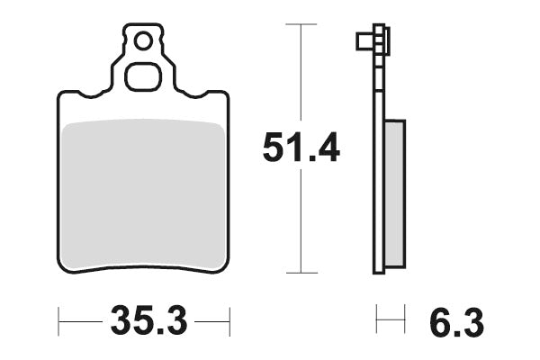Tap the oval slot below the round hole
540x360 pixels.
pyautogui.click(x=141, y=76)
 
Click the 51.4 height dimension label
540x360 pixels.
pyautogui.click(x=301, y=148)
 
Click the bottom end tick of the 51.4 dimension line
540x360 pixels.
pyautogui.click(x=301, y=272)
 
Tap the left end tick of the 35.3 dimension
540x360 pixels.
pyautogui.click(x=59, y=319)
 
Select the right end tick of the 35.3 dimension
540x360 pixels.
pyautogui.click(x=230, y=319)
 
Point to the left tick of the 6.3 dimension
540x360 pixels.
pyautogui.click(x=378, y=319)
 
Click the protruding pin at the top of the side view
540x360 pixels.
pyautogui.click(x=363, y=40)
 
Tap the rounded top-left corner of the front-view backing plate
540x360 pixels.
pyautogui.click(x=63, y=95)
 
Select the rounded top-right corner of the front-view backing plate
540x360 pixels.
pyautogui.click(x=224, y=95)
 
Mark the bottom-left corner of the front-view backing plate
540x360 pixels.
pyautogui.click(x=63, y=265)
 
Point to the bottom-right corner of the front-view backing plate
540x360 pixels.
pyautogui.click(x=225, y=265)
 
